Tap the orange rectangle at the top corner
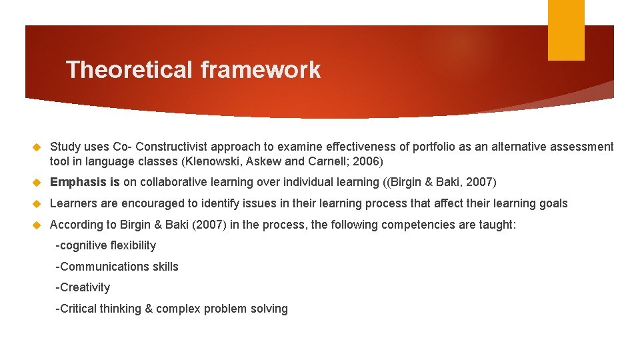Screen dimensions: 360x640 pyautogui.click(x=566, y=30)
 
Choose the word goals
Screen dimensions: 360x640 pyautogui.click(x=553, y=203)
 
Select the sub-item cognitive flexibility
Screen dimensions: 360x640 pyautogui.click(x=106, y=245)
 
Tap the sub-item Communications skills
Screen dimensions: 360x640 pyautogui.click(x=117, y=267)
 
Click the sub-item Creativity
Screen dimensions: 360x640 pyautogui.click(x=83, y=287)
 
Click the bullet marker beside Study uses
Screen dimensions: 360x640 pyautogui.click(x=38, y=146)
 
